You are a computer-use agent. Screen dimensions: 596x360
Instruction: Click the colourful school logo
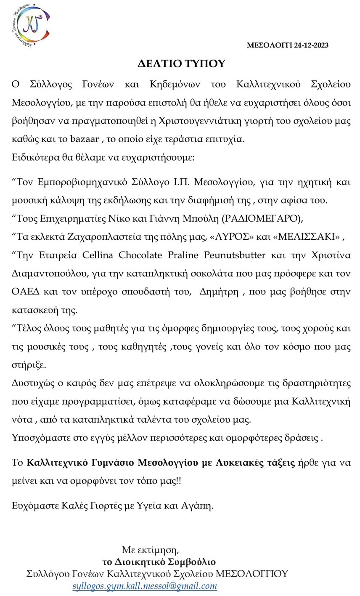tap(31, 25)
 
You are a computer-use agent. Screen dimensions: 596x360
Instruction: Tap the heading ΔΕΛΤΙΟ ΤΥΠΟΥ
tap(181, 64)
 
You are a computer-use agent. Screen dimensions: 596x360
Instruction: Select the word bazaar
tap(85, 139)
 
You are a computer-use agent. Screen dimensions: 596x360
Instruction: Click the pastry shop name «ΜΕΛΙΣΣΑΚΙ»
tap(307, 237)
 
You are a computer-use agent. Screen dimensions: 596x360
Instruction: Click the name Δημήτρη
tap(218, 291)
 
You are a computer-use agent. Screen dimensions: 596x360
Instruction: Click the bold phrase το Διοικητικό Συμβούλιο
tap(159, 562)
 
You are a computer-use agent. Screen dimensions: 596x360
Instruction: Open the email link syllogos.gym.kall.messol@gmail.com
tap(145, 586)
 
